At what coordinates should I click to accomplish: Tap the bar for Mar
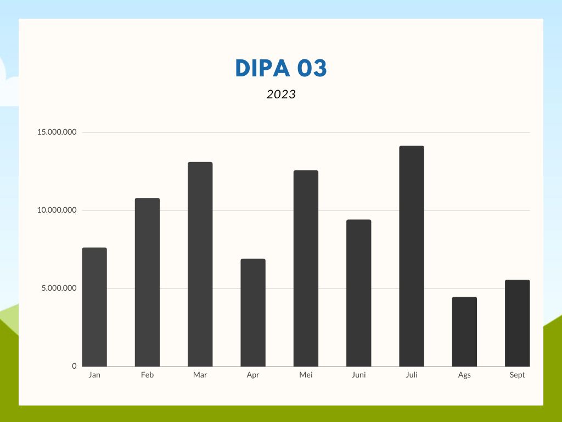pos(200,264)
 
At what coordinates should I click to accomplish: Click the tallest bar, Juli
pos(412,256)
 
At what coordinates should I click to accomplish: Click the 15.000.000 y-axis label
pos(57,132)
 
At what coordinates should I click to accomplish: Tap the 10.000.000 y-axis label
pos(57,210)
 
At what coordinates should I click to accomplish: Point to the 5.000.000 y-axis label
pos(59,288)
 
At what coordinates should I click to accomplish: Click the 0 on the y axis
pos(74,367)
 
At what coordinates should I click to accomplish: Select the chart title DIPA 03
pos(281,68)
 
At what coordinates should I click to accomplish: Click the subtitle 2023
pos(281,95)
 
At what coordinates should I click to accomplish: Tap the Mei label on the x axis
pos(306,375)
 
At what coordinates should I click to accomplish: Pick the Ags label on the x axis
pos(464,375)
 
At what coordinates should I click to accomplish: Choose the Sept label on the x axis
pos(517,375)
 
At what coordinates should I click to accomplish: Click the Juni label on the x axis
pos(358,375)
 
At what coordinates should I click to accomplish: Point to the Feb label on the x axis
pos(147,375)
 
